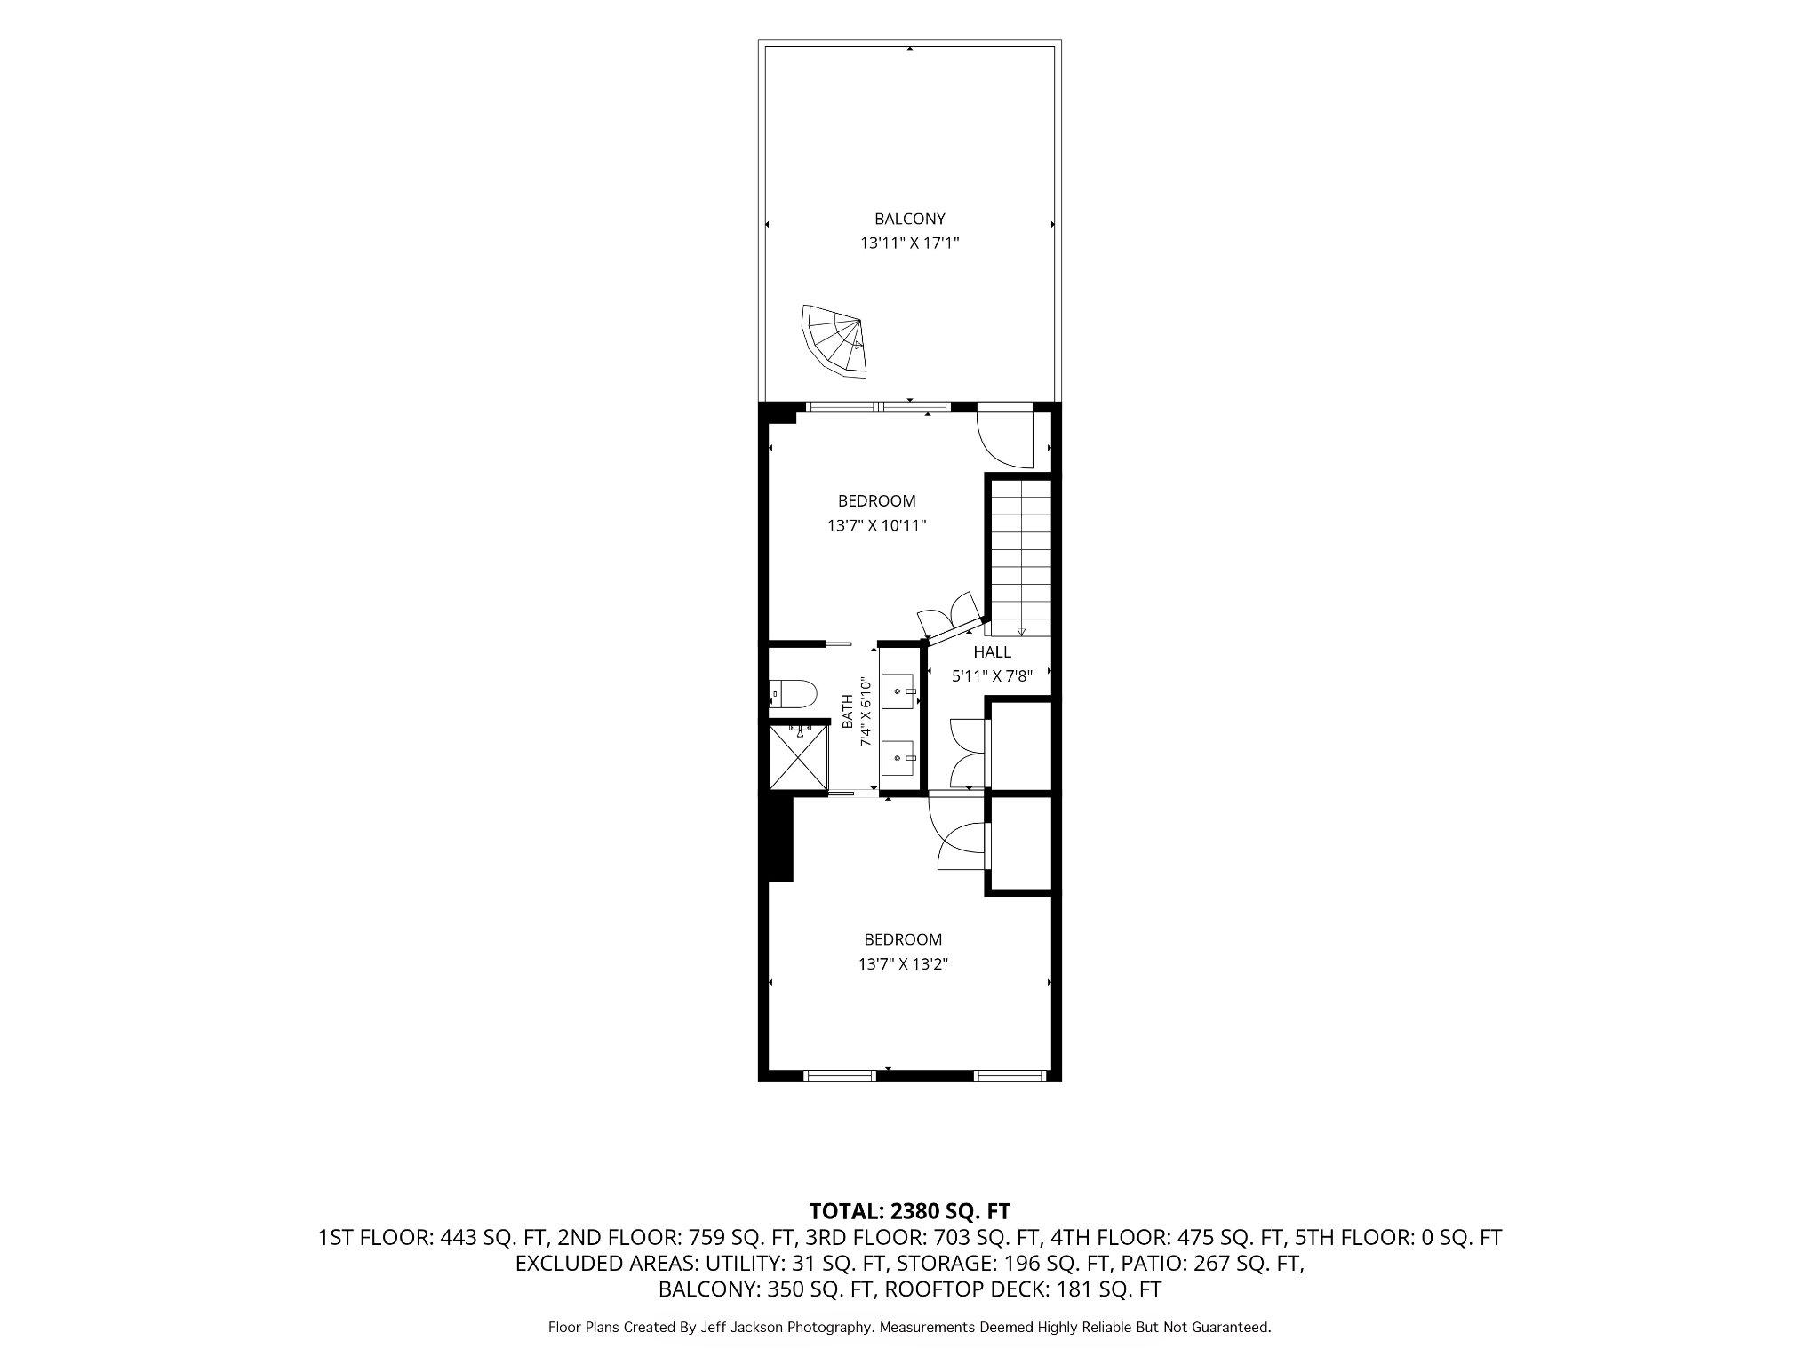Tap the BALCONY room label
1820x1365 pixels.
click(x=909, y=219)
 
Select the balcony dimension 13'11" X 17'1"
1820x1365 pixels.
click(x=909, y=243)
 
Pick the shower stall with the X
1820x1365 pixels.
click(x=798, y=756)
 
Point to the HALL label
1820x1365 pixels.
click(x=992, y=651)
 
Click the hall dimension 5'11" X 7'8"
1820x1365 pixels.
click(x=992, y=676)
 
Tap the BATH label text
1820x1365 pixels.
click(x=848, y=712)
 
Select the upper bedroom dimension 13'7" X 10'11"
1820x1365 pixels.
click(x=877, y=525)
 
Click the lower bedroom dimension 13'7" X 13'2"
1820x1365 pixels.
click(x=903, y=963)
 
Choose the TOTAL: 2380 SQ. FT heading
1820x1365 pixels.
click(x=909, y=1211)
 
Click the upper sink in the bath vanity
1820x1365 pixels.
click(x=899, y=690)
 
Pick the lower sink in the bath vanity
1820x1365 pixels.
click(x=899, y=757)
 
